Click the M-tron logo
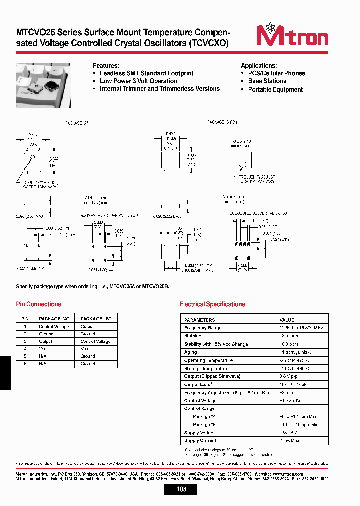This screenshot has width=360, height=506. tap(292, 36)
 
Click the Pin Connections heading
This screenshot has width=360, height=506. tap(39, 304)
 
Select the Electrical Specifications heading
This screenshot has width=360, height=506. tap(212, 304)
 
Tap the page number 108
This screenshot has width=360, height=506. tap(182, 489)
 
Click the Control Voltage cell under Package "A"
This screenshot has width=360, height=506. tap(54, 327)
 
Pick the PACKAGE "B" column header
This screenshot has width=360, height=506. tap(95, 319)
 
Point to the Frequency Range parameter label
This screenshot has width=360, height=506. tap(202, 328)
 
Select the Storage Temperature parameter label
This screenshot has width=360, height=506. tap(206, 369)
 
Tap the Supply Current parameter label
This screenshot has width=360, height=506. tap(200, 441)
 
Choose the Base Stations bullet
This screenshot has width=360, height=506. tap(267, 81)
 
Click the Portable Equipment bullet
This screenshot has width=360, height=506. tap(275, 90)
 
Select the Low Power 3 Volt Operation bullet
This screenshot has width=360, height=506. tap(138, 81)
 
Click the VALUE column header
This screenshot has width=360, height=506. tap(287, 320)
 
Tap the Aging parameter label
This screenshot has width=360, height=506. tap(191, 352)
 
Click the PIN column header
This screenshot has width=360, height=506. tap(25, 319)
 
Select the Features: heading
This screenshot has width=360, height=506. tap(106, 66)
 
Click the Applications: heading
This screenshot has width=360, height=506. tap(259, 66)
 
